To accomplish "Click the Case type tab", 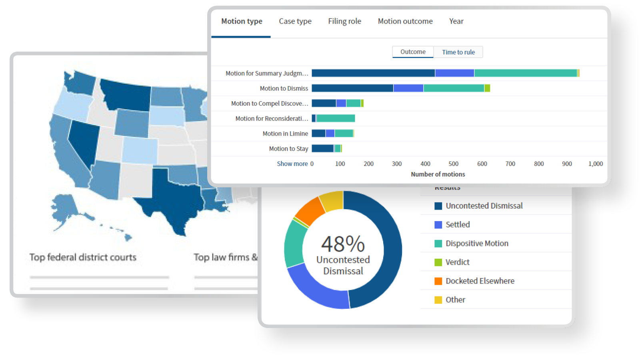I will coord(295,22).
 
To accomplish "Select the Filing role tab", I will coord(344,22).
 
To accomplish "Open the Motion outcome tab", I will coord(405,22).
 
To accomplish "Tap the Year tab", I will coord(456,22).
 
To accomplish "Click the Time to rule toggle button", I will coord(458,52).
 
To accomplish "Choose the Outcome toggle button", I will coord(413,52).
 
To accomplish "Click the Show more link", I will coord(292,164).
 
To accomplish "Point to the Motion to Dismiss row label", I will coord(284,88).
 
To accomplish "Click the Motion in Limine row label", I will coord(285,134).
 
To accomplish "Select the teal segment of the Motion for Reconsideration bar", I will coord(336,118).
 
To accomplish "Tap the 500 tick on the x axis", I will coord(454,164).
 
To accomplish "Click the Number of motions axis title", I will coord(438,174).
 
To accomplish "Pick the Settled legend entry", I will coord(458,225).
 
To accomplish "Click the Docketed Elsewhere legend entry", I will coord(480,281).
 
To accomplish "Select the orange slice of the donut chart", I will coord(310,210).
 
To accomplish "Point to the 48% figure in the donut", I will coord(343,244).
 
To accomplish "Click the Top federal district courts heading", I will coord(83,257).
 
